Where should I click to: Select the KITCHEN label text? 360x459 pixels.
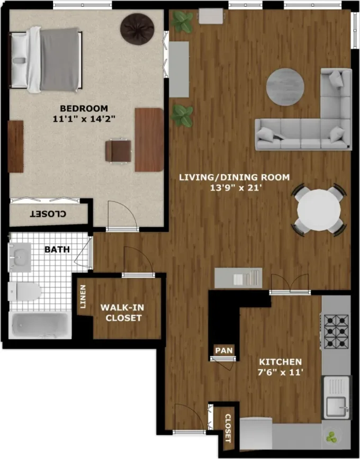click(x=280, y=361)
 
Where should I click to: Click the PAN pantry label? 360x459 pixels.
click(x=221, y=350)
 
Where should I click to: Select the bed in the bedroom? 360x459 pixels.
click(x=47, y=58)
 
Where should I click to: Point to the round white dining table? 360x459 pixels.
click(x=319, y=209)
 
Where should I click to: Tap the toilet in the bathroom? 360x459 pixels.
click(x=25, y=290)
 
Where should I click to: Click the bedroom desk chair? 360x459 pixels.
click(x=118, y=150)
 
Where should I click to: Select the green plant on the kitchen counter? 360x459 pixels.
click(x=331, y=438)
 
